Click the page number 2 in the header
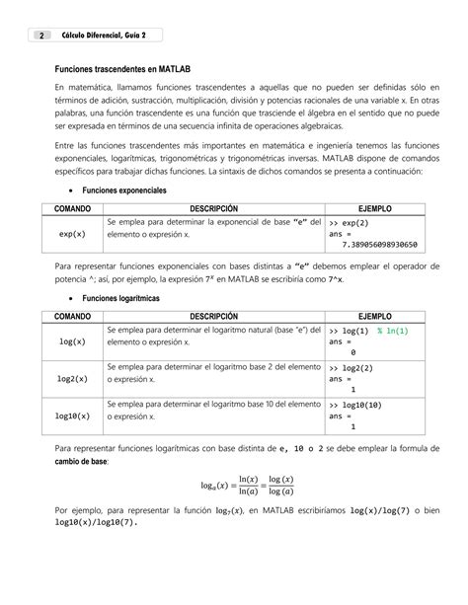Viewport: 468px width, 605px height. pyautogui.click(x=41, y=36)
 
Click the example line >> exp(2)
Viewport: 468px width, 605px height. pyautogui.click(x=349, y=224)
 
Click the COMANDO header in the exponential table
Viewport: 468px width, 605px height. pyautogui.click(x=72, y=209)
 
